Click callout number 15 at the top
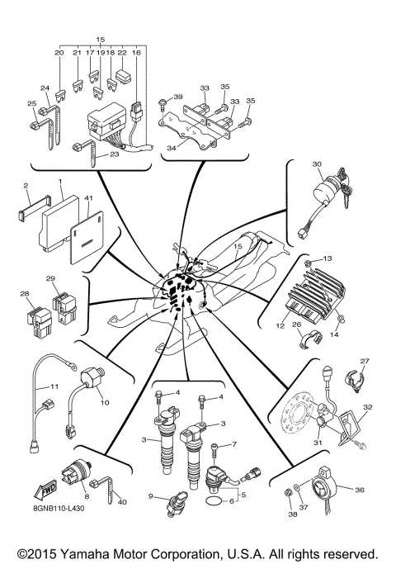[101, 39]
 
